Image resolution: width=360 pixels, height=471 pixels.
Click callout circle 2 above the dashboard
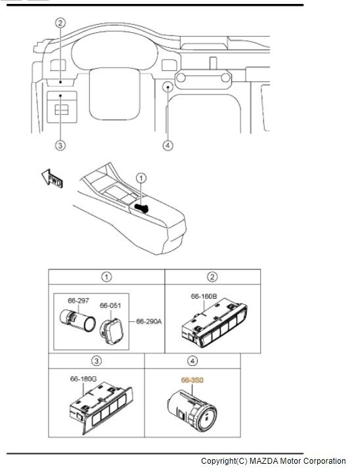(60, 23)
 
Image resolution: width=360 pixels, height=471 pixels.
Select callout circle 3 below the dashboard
(60, 145)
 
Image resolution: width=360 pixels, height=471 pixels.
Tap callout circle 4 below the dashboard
(168, 145)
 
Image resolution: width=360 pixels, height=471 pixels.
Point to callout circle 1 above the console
(140, 177)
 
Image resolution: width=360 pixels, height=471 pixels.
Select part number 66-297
(78, 300)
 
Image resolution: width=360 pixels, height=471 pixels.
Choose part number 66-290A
(148, 322)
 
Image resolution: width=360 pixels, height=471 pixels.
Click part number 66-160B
(204, 296)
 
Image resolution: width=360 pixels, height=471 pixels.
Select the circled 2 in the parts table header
(212, 277)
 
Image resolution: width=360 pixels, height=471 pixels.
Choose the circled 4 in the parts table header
(192, 361)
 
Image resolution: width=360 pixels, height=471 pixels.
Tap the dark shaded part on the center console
(143, 208)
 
